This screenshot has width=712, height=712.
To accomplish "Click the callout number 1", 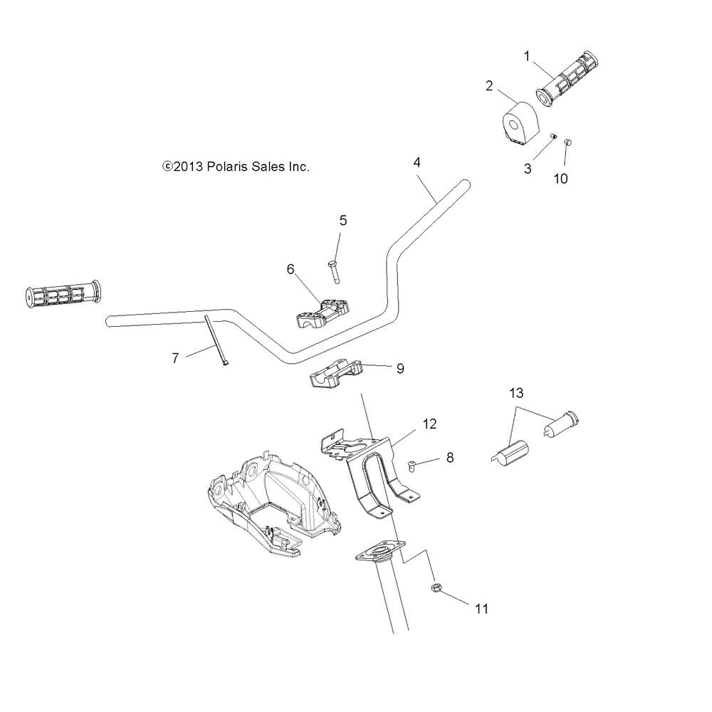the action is click(527, 56).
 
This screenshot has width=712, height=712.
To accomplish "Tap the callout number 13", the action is click(516, 393).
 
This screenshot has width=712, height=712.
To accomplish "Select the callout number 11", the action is click(481, 609).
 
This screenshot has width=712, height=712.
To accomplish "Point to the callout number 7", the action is click(175, 358).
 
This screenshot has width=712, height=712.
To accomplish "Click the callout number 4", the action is click(417, 162).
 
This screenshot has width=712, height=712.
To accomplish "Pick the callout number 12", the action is click(429, 424).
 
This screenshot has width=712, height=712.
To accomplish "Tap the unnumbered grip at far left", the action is click(63, 295).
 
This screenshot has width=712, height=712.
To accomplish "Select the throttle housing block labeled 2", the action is click(520, 123).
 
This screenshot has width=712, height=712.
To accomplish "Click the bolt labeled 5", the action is click(334, 271).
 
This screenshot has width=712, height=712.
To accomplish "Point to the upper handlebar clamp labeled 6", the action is click(323, 313).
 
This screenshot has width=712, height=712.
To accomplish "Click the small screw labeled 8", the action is click(412, 466).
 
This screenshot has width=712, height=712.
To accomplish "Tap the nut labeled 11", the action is click(436, 588).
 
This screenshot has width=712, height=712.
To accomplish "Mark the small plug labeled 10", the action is click(567, 142).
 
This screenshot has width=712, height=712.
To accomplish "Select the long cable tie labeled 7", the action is click(216, 340).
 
